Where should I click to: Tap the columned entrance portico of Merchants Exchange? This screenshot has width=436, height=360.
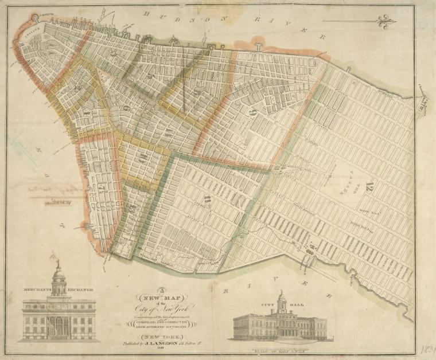[x=58, y=327]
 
